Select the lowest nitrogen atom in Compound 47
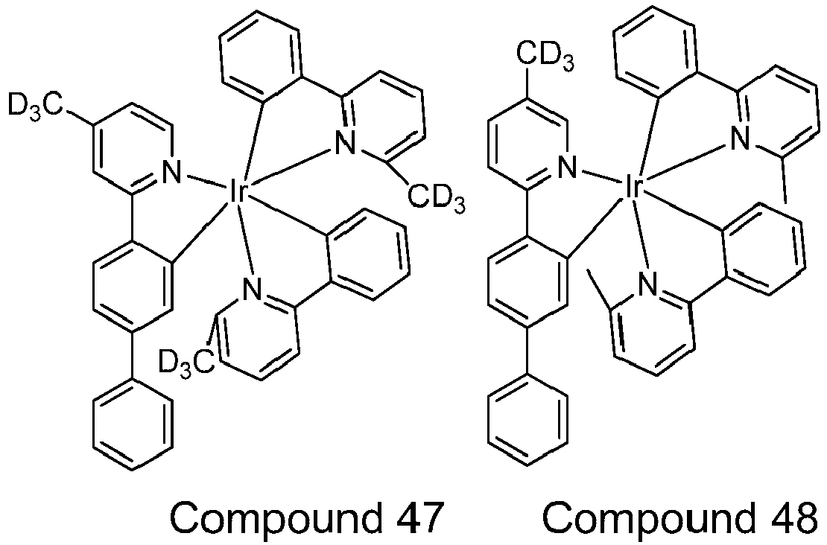[x=253, y=289]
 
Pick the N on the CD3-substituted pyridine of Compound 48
[x=566, y=169]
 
